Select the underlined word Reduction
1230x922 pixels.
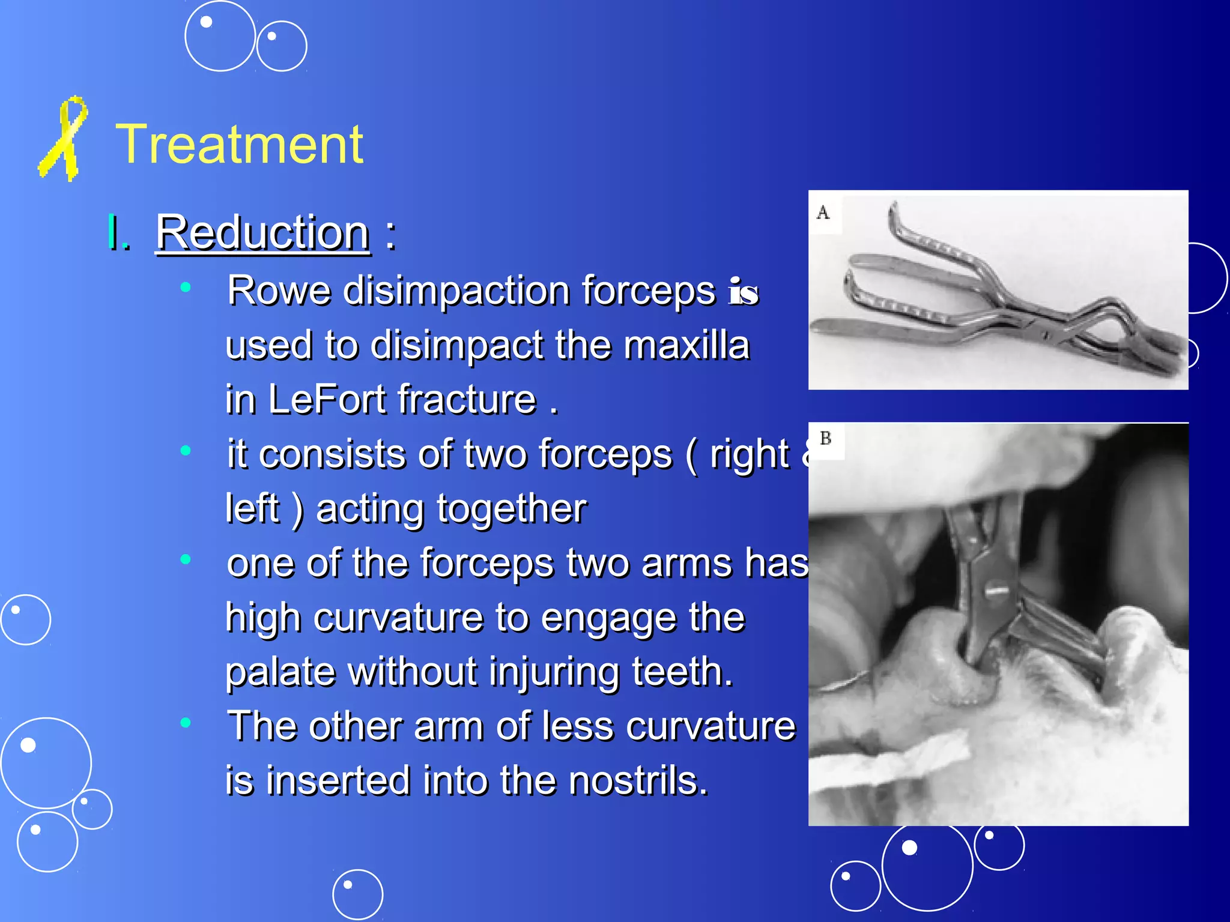click(263, 233)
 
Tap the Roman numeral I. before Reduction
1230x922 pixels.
click(118, 233)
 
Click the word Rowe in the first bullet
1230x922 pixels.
click(279, 291)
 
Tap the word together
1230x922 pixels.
click(511, 509)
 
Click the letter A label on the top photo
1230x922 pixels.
click(823, 212)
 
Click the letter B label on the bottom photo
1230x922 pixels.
click(826, 438)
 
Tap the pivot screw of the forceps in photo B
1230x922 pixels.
click(996, 591)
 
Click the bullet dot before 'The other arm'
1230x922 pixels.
click(186, 722)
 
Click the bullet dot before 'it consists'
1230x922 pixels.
click(186, 450)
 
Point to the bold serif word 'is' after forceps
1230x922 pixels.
click(744, 292)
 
